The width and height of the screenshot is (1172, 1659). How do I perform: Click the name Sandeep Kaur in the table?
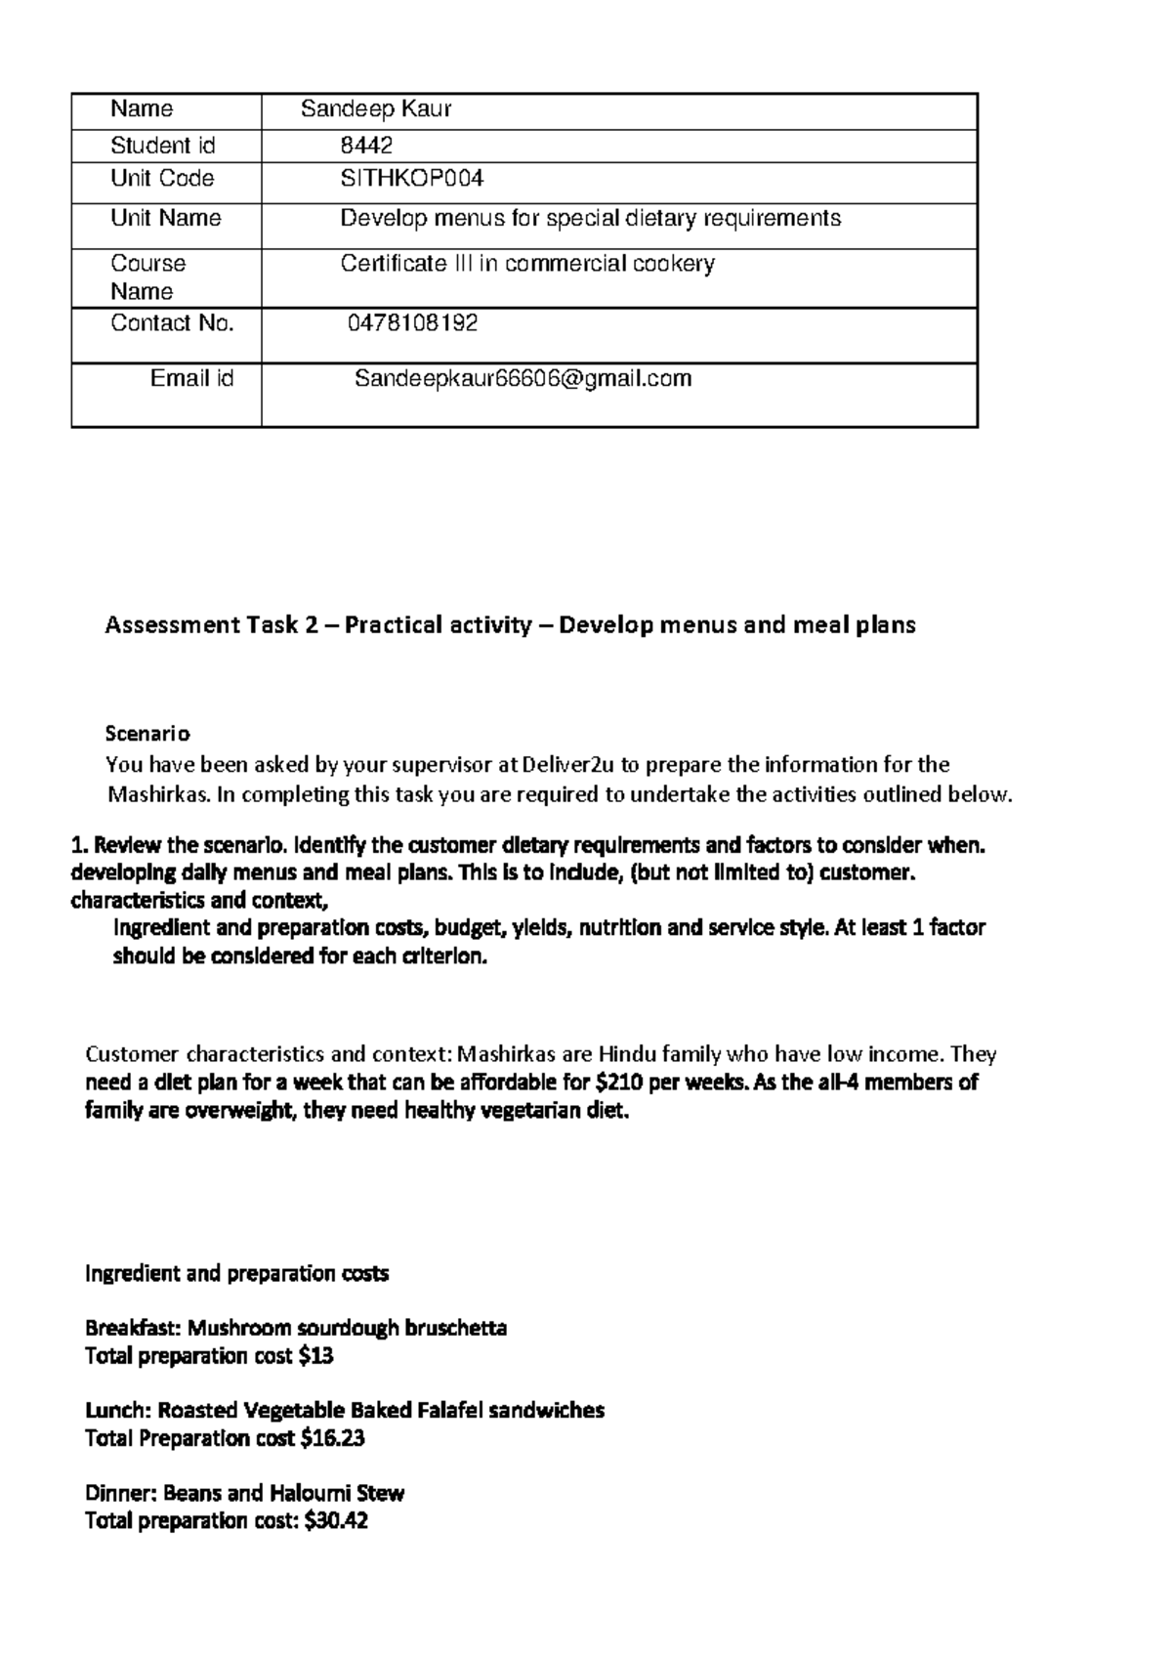point(375,109)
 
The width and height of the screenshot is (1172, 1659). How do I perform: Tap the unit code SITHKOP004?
point(411,179)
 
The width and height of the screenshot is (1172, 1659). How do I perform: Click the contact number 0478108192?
point(413,323)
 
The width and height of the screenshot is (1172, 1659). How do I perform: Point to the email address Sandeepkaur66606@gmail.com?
point(523,379)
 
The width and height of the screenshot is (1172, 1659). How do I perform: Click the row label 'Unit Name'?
point(165,218)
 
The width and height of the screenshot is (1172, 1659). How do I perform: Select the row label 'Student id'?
point(162,147)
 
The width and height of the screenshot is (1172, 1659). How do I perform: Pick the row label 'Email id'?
point(191,379)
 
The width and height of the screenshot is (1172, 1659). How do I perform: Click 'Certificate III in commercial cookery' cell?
point(527,264)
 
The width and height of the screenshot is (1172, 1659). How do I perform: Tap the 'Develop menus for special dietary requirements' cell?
point(590,218)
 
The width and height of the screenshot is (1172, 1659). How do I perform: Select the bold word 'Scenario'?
point(147,734)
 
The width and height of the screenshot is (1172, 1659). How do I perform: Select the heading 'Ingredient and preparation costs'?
point(236,1274)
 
